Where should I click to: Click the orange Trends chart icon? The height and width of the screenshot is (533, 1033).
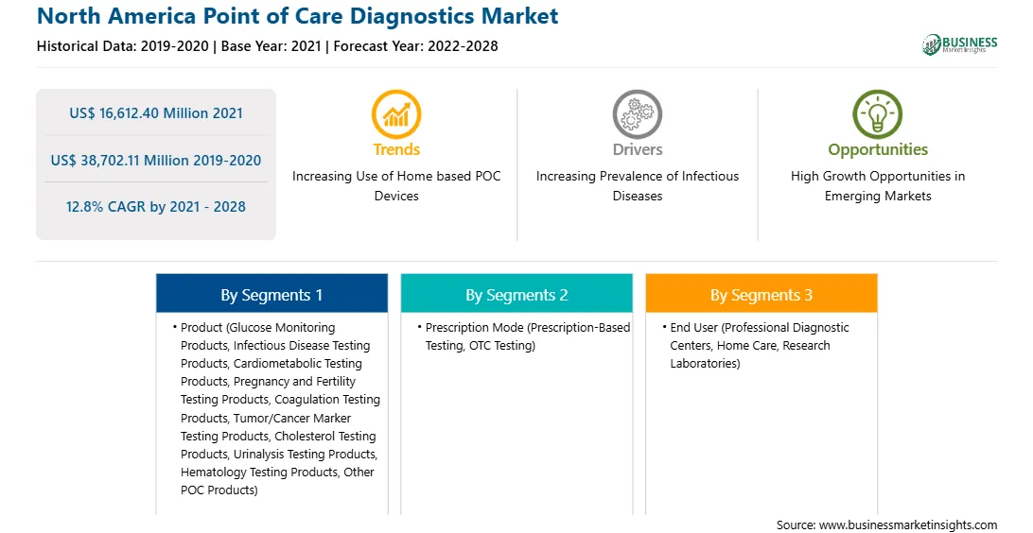click(396, 114)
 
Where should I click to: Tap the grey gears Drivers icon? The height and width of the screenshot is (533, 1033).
click(637, 114)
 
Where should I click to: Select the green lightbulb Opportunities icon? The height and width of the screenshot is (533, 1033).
click(878, 114)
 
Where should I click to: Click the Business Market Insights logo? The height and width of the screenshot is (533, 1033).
click(959, 44)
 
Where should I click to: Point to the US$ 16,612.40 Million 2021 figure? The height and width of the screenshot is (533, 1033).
click(156, 113)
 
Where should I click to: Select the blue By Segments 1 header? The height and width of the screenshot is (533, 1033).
click(272, 294)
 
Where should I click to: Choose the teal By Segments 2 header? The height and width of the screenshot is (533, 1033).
click(516, 294)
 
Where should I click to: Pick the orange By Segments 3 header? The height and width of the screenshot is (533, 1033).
click(762, 294)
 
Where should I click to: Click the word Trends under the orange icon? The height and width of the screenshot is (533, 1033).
click(396, 149)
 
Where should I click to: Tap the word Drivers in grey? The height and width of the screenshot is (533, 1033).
click(638, 149)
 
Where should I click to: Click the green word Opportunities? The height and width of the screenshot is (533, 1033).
click(878, 150)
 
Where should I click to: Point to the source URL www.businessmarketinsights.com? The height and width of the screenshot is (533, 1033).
click(908, 525)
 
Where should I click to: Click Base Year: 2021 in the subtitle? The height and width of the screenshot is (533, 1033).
click(271, 46)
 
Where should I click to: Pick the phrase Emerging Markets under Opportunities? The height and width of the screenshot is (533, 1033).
click(878, 196)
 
